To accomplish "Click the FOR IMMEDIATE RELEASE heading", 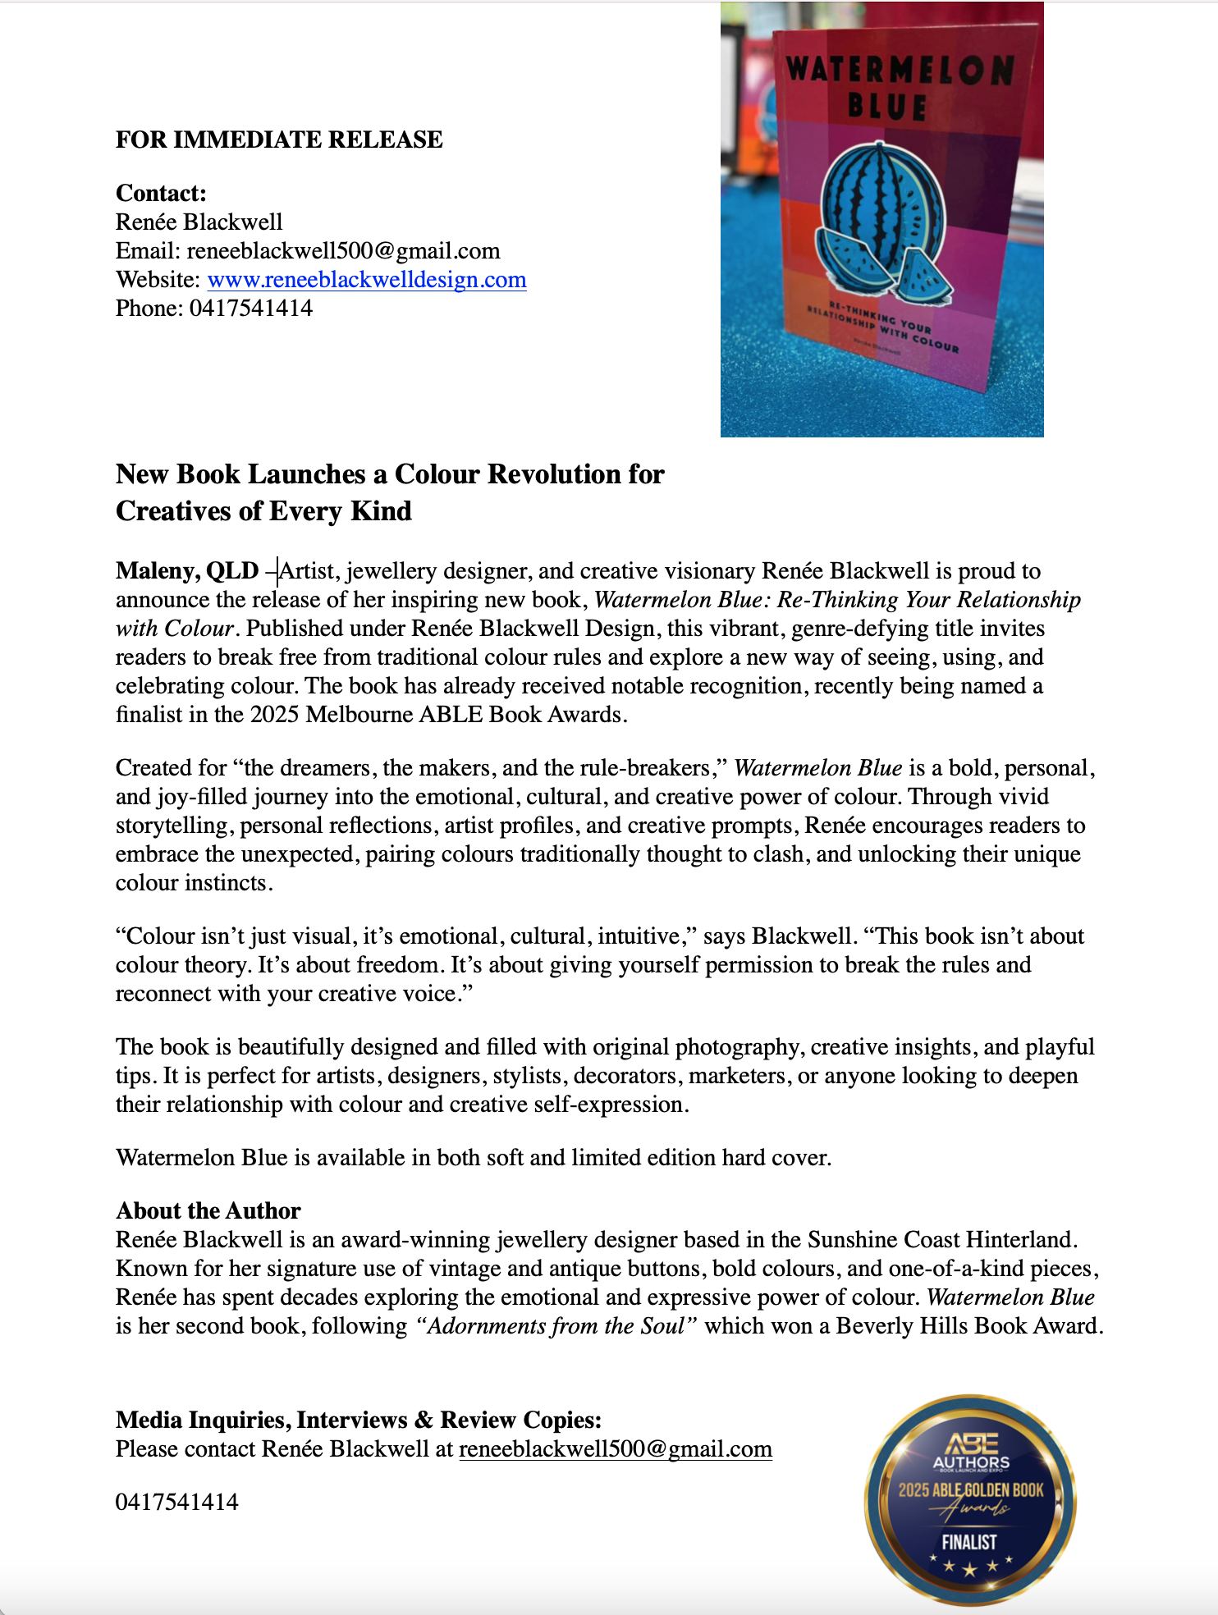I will point(279,140).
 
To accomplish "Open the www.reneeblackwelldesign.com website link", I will point(367,280).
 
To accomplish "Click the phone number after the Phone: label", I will point(251,309).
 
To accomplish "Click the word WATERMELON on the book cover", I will point(900,71).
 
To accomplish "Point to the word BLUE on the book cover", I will point(887,108).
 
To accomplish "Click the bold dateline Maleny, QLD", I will point(187,570).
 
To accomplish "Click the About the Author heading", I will point(208,1210).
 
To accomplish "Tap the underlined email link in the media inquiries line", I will point(616,1449).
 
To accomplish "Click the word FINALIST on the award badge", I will point(969,1542).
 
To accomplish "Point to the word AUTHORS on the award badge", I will point(971,1462).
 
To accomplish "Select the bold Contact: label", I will point(161,193).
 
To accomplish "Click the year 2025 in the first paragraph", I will point(275,715).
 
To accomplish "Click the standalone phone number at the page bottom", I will point(177,1503).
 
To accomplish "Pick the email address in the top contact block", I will point(343,251).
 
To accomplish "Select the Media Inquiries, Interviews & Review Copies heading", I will point(359,1420).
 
